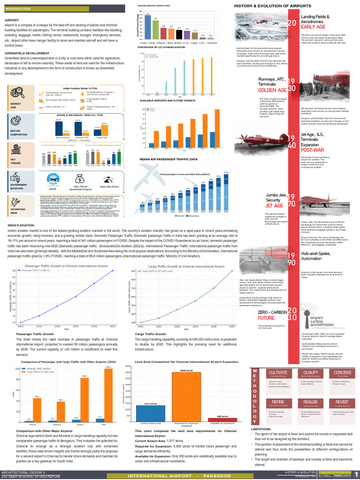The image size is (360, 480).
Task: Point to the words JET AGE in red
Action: (274, 206)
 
